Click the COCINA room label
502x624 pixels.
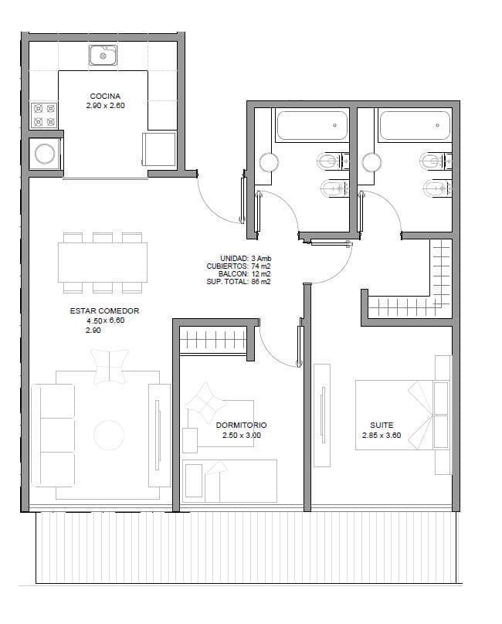tap(105, 96)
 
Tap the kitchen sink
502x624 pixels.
tap(103, 55)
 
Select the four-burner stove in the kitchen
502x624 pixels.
tap(44, 114)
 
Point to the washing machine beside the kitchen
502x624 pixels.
tap(45, 154)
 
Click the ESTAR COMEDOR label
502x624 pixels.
tap(104, 310)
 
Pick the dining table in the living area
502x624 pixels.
tap(102, 263)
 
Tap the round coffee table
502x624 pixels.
tap(109, 435)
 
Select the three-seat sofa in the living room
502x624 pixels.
tap(53, 436)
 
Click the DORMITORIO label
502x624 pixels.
tap(241, 425)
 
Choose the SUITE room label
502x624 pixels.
tap(382, 425)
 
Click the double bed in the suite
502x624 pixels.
tap(402, 415)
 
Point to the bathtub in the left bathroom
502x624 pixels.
tap(312, 125)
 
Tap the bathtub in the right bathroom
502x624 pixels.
tap(415, 125)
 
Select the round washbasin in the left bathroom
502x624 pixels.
tap(269, 162)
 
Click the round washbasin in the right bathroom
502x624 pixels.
tap(371, 162)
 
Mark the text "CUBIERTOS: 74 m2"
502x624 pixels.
tap(239, 266)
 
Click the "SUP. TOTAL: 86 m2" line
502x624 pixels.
tap(239, 282)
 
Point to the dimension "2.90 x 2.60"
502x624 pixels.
tap(105, 106)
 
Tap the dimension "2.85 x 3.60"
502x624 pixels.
tap(382, 435)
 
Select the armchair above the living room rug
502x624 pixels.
tap(110, 367)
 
